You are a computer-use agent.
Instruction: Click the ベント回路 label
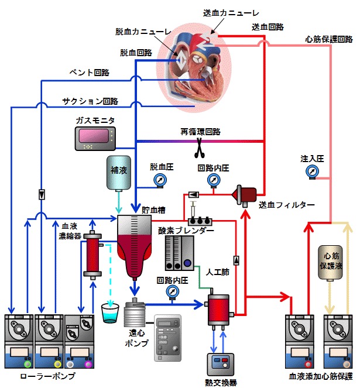(90, 73)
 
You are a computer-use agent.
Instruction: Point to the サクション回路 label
(90, 101)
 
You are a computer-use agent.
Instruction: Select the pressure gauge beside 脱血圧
(159, 179)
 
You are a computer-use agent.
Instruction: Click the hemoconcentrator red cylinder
(92, 257)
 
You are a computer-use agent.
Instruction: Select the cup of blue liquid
(109, 313)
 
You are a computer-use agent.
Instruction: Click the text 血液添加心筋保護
(321, 376)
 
